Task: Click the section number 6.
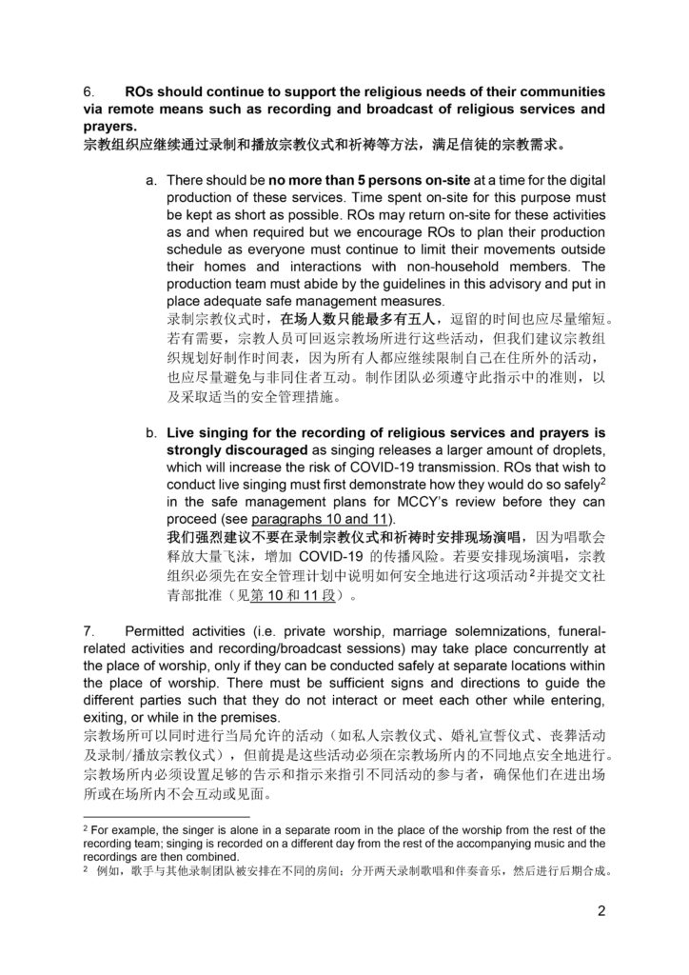coord(89,91)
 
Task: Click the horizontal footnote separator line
coord(166,817)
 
